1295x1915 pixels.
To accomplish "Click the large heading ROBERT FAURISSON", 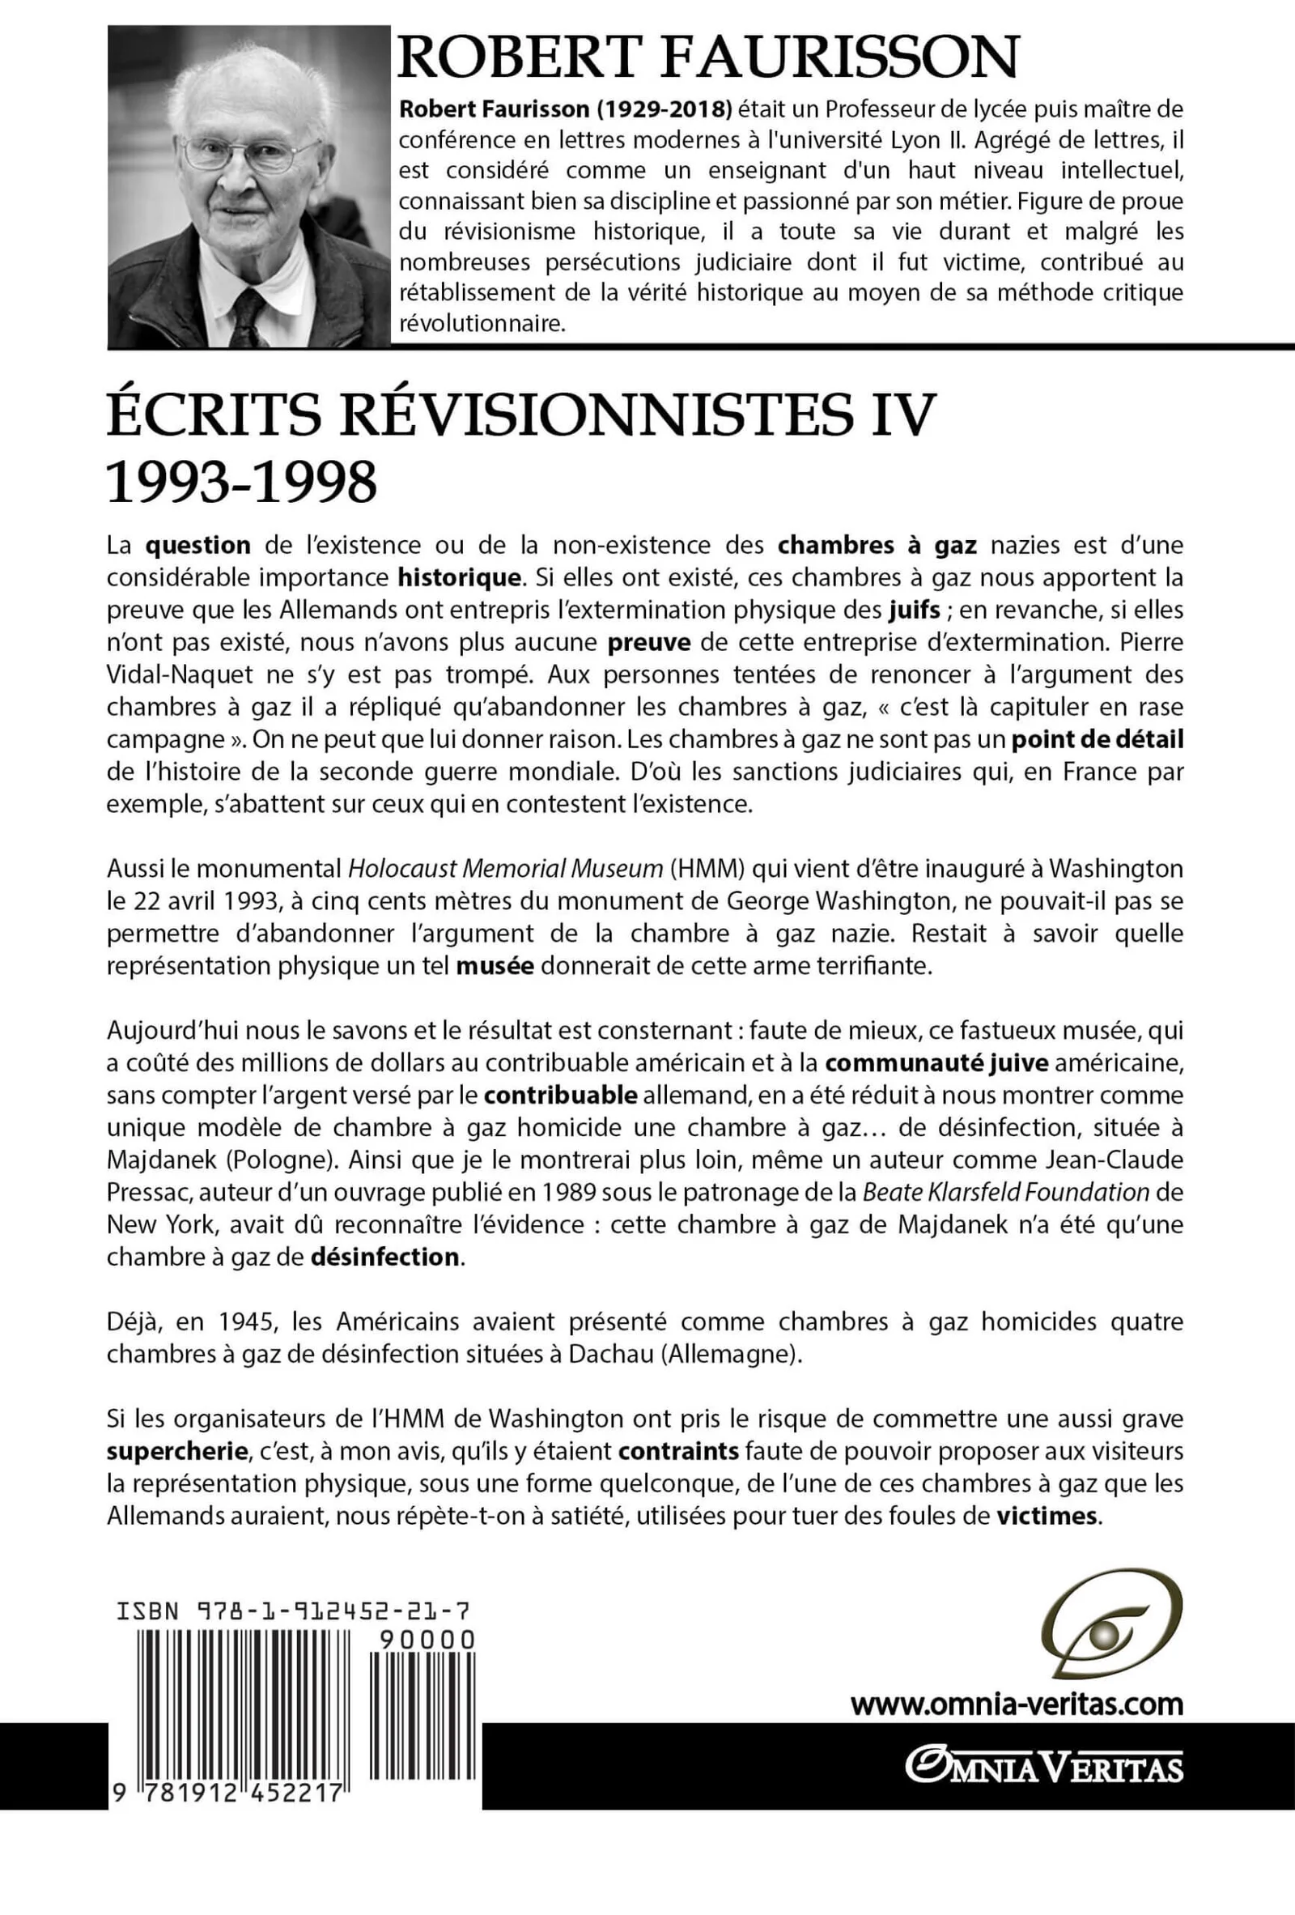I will [x=707, y=59].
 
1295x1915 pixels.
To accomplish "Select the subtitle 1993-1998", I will [x=241, y=481].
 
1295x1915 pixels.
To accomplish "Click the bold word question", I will [x=197, y=546].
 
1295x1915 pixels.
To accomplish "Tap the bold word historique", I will [x=460, y=577].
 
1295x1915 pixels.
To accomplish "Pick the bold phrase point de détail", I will [x=1098, y=739].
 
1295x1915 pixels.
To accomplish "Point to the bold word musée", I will [x=495, y=966].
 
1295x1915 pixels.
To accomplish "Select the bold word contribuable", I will [x=560, y=1095].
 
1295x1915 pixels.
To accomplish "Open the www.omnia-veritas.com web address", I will [x=1017, y=1704].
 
